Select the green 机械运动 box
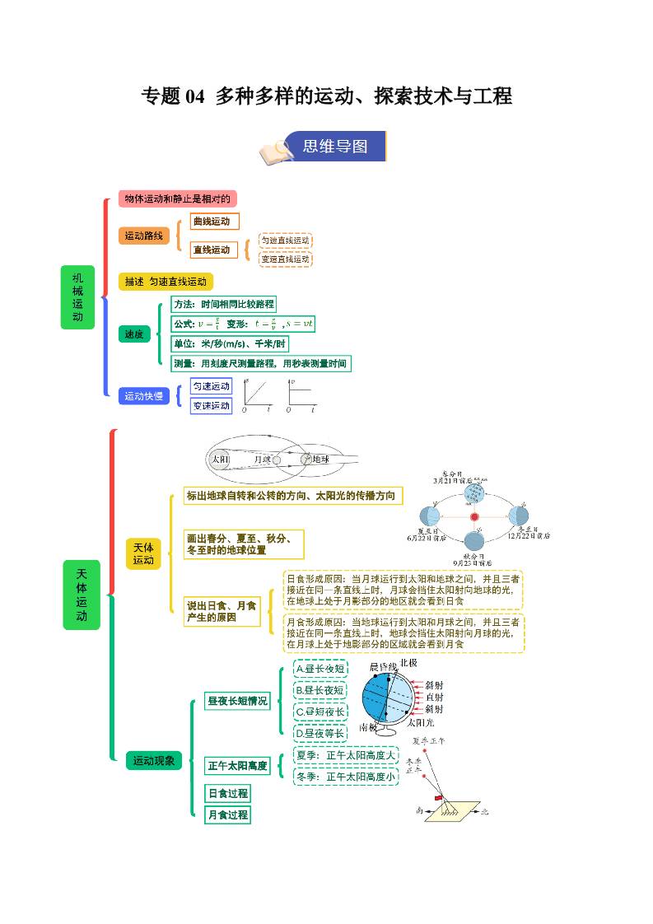[77, 296]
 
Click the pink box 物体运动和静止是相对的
[177, 198]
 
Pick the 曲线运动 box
[214, 222]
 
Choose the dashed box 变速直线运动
[286, 259]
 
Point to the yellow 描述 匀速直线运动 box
[166, 282]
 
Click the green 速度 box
[134, 334]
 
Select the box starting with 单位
[230, 343]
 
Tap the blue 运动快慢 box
[144, 396]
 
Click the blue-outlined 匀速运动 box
[212, 386]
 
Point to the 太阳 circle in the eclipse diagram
[220, 460]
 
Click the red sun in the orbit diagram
[474, 517]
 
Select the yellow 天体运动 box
[143, 553]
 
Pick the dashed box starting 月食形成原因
[403, 632]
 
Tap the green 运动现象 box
[154, 761]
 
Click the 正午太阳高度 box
[238, 766]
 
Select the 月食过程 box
[227, 814]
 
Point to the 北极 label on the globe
[408, 663]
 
